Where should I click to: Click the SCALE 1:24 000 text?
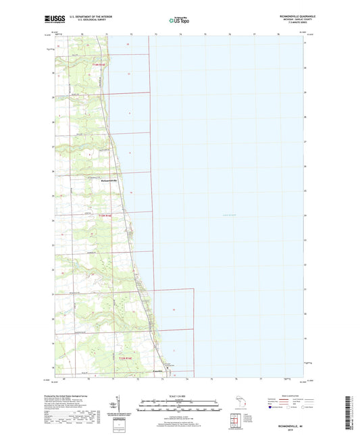(x=179, y=396)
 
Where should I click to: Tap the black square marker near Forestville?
(x=158, y=367)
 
